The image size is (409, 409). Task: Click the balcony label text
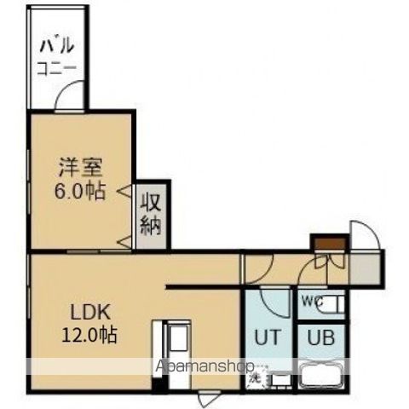pos(56,54)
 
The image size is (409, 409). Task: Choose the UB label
pos(321,337)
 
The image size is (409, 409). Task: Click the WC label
pos(312,300)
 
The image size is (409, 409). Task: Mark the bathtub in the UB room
pos(321,375)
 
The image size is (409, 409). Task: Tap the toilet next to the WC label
pos(334,302)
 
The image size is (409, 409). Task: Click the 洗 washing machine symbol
pos(255,376)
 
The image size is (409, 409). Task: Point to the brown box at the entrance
pos(329,245)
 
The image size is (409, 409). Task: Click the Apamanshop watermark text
pos(204,368)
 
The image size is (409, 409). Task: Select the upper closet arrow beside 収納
pos(124,191)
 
